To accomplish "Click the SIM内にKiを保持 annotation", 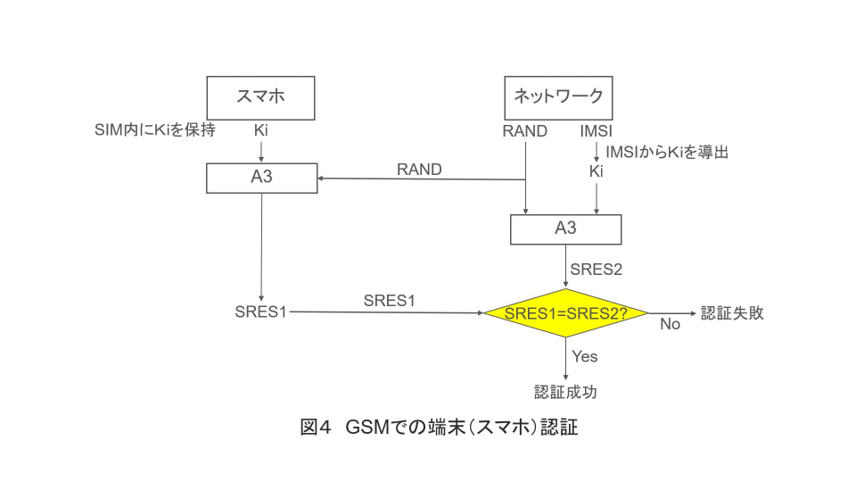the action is click(155, 130).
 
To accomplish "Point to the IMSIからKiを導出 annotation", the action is click(667, 152).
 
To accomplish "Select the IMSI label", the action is click(596, 131).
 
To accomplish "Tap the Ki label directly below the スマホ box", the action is click(261, 130).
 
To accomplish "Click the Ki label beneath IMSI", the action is click(597, 171).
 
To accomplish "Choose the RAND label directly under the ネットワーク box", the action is click(524, 131).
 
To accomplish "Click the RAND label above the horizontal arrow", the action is click(419, 170).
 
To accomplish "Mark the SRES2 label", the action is click(597, 270).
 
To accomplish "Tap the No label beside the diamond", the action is click(670, 324).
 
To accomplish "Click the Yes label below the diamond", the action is click(585, 356).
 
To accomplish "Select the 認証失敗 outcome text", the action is click(732, 313).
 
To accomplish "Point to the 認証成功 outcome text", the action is click(565, 392).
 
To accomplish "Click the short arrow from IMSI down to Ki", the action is click(597, 152).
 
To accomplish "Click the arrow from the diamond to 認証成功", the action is click(565, 359).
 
